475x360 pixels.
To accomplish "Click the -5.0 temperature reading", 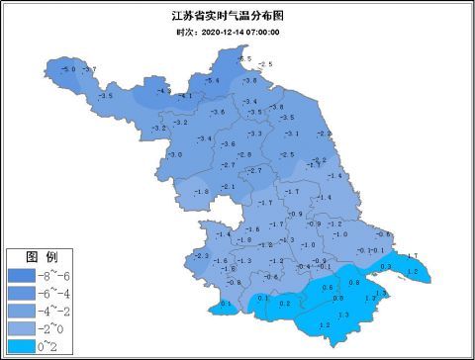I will coord(68,68).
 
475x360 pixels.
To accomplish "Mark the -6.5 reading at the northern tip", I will coord(245,59).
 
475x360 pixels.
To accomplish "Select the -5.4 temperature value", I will coord(212,80).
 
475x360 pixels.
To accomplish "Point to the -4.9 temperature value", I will coord(163,91).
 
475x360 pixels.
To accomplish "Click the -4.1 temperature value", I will coord(185,96).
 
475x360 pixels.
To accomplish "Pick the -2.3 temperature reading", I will coord(203,256).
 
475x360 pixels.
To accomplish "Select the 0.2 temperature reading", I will coord(285,304).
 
